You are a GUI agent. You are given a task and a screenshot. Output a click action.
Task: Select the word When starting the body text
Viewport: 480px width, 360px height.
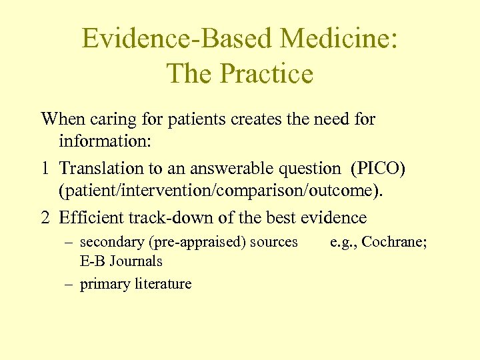63,120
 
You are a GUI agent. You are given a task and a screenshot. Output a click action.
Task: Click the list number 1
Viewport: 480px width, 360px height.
45,169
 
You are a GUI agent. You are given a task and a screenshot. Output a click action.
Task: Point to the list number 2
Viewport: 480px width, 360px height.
45,218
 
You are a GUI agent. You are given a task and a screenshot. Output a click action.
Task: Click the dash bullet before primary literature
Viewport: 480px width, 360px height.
68,284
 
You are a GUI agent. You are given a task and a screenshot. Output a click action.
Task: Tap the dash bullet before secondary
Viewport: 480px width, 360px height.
68,242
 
